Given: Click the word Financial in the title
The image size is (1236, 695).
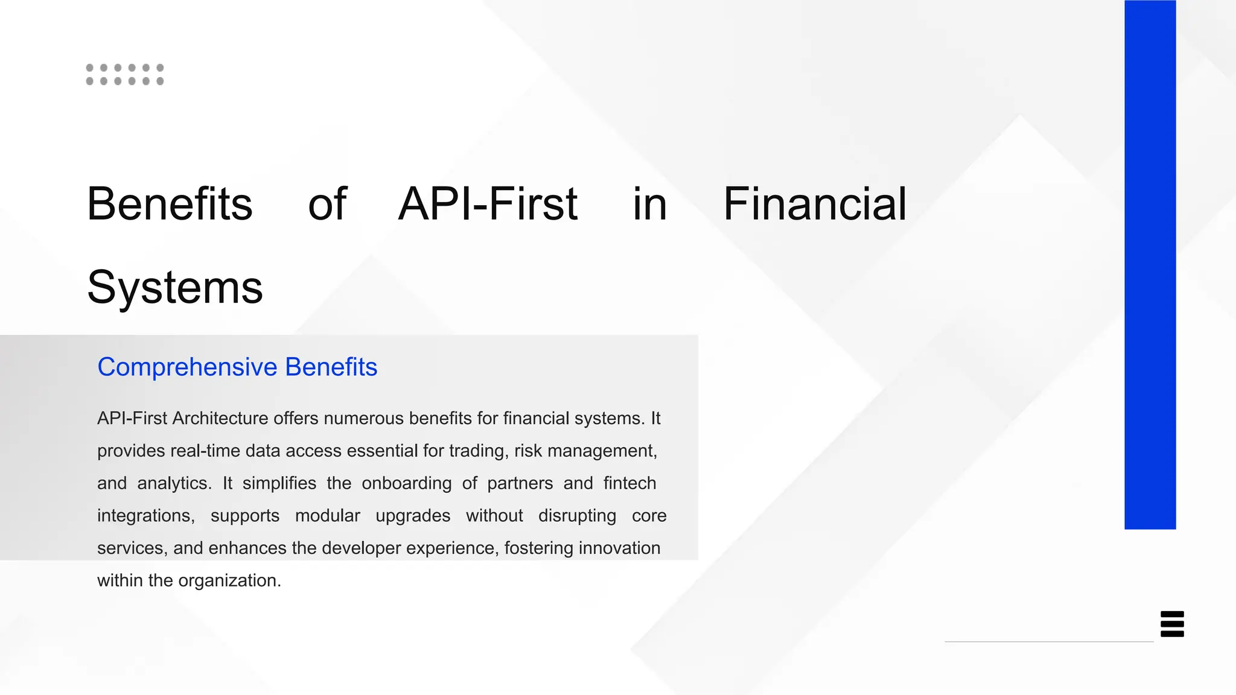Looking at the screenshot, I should pos(815,204).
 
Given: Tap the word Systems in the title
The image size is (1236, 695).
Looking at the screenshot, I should pos(175,287).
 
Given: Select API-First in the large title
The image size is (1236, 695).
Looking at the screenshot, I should pos(488,204).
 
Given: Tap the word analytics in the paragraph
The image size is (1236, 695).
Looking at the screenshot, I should pos(174,483).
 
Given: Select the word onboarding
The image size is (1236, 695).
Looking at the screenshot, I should pos(406,483).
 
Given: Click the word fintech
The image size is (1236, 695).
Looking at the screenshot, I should pos(629,483).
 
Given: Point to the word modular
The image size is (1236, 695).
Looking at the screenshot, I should pos(327,516).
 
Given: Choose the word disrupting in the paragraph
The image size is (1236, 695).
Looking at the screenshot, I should pos(577,516).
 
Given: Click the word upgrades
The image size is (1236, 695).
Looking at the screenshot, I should pos(413,516).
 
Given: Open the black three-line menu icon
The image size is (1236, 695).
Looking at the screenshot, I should pos(1172,624).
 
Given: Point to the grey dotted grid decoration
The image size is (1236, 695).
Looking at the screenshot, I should pos(125,74).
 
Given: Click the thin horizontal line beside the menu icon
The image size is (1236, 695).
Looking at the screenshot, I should pos(1048,641).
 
